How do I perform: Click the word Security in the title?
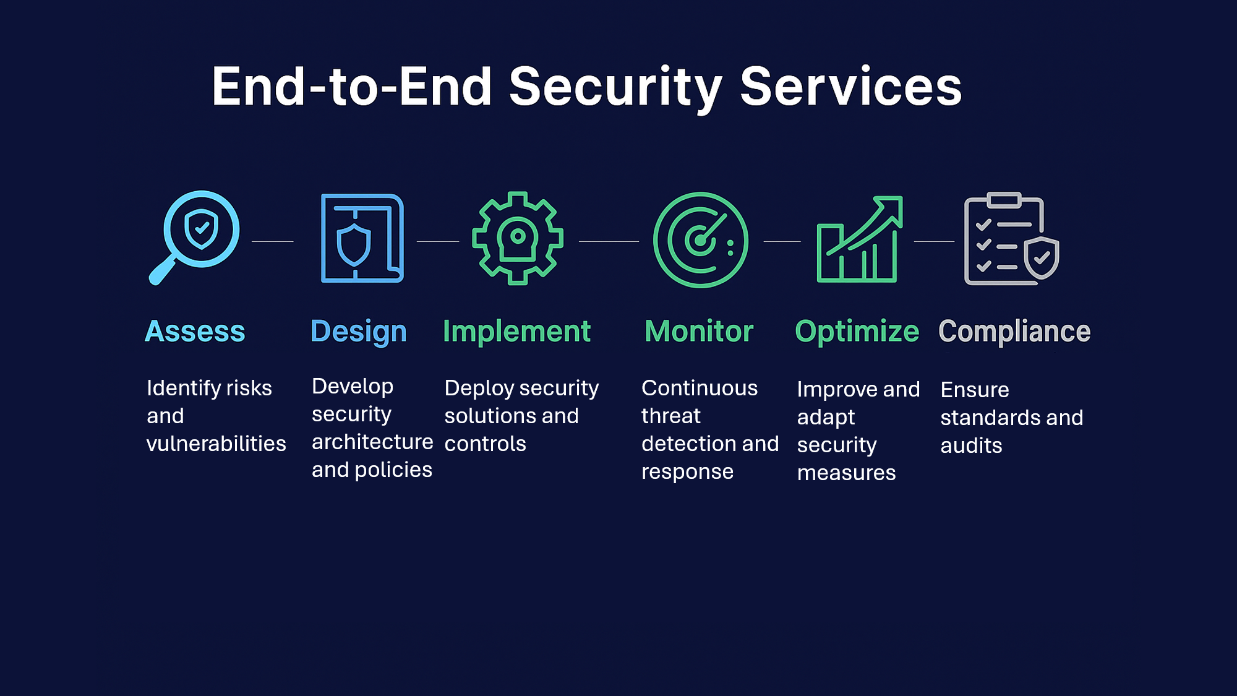pos(615,87)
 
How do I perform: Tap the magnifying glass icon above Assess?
pos(195,237)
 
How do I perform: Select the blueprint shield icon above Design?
pos(362,238)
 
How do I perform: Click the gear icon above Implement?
pos(518,238)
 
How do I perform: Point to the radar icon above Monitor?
pos(700,240)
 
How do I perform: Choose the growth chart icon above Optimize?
pos(859,239)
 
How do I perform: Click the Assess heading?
pos(195,332)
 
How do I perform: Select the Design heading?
pos(359,332)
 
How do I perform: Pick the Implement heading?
pos(517,332)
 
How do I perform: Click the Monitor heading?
pos(699,332)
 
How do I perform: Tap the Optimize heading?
pos(857,332)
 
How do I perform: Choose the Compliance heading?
pos(1014,332)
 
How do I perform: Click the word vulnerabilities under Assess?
pos(216,444)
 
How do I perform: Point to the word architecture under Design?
pos(372,442)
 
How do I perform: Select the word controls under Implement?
pos(485,444)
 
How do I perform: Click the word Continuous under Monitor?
pos(700,388)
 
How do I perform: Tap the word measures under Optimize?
pos(846,473)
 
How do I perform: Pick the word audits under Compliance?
pos(971,445)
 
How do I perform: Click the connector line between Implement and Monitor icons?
pos(609,241)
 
